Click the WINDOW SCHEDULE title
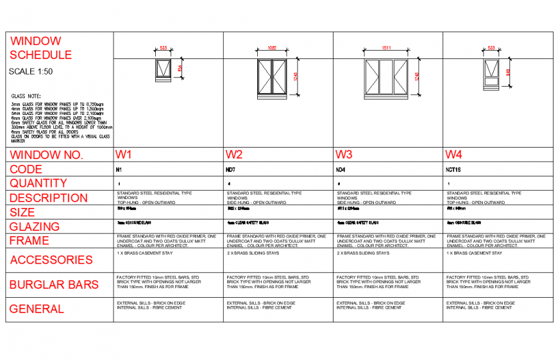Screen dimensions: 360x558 [40, 48]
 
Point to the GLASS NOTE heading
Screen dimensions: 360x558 [26, 96]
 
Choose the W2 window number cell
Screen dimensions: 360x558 [234, 155]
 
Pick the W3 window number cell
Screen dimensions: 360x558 [344, 155]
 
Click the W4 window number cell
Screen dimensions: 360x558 [454, 155]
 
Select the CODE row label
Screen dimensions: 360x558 [26, 169]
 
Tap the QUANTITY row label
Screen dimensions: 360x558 [38, 184]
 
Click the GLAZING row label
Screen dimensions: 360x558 [35, 227]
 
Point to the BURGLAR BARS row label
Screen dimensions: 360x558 [54, 284]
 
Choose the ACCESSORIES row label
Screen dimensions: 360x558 [51, 260]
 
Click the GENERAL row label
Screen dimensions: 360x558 [37, 309]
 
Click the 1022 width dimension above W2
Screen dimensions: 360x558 [272, 47]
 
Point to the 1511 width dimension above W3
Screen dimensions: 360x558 [386, 47]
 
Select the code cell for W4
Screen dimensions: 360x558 [455, 171]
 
